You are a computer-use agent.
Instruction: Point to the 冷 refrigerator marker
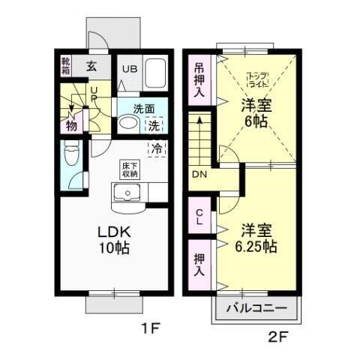pos(157,148)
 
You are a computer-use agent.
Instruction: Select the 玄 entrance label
pos(91,66)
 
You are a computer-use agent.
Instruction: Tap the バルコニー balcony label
pos(256,308)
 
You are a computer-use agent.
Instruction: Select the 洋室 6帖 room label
pos(254,113)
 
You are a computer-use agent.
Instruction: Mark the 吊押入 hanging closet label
pos(199,79)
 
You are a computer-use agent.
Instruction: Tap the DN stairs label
pos(199,175)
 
